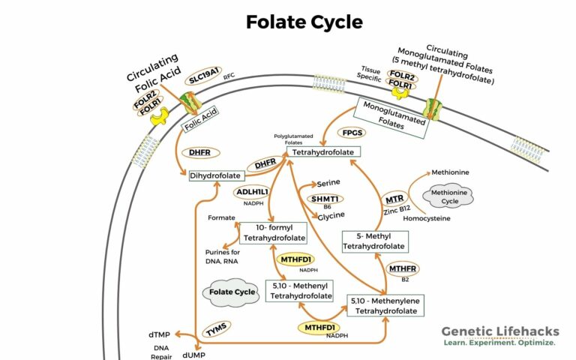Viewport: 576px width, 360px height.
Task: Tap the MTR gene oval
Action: click(x=394, y=199)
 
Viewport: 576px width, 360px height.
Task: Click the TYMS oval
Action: click(x=217, y=325)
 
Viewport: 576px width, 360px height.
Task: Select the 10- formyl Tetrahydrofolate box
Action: click(x=273, y=232)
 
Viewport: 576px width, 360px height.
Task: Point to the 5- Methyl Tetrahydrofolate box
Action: click(x=376, y=241)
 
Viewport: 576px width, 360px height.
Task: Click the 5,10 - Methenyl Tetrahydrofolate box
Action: click(x=300, y=290)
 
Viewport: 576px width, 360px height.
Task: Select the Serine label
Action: click(x=329, y=182)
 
